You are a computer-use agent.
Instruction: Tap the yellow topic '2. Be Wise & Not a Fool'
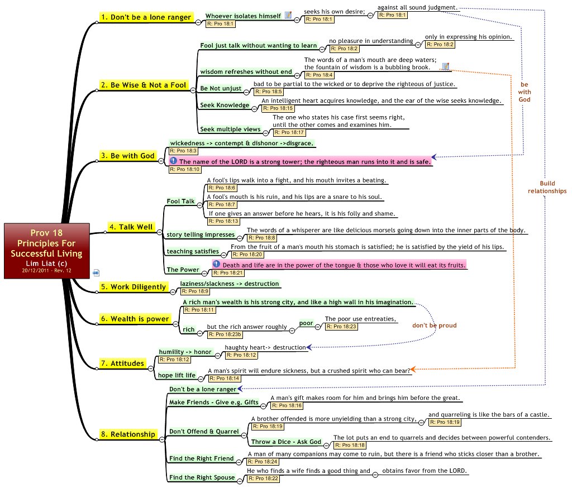point(143,85)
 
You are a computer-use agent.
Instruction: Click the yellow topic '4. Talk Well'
point(130,227)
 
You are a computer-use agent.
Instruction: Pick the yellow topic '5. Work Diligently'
point(133,287)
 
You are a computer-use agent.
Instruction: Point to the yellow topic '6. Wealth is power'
point(135,319)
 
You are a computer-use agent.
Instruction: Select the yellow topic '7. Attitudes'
point(122,363)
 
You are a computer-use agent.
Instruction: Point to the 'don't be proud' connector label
point(435,326)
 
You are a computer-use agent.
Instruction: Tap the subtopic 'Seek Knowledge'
point(225,105)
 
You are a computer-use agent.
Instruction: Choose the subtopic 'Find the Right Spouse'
point(202,477)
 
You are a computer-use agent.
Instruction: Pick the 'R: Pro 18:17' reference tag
point(288,132)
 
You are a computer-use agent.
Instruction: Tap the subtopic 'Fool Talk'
point(180,201)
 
